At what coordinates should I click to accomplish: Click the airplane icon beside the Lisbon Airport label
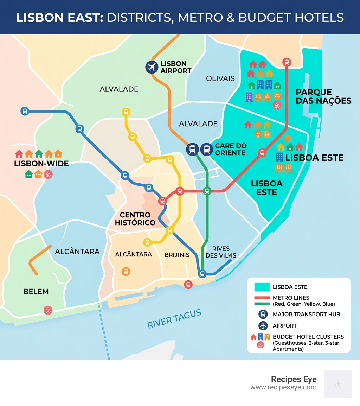[152, 67]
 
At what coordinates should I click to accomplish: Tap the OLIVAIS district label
[220, 78]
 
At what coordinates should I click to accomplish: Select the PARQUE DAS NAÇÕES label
[323, 96]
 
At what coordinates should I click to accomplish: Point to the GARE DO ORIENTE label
[230, 149]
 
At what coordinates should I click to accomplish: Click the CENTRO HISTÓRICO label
[135, 218]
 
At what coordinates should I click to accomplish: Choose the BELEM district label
[36, 292]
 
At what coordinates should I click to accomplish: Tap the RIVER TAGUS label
[174, 319]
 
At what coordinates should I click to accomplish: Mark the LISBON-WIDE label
[41, 164]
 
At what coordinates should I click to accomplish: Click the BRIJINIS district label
[177, 255]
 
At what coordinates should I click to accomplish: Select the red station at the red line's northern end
[287, 62]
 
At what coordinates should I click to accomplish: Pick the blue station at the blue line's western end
[25, 111]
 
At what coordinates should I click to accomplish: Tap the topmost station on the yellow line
[126, 112]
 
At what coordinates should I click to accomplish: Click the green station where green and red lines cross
[207, 191]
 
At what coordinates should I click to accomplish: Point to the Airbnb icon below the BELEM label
[48, 310]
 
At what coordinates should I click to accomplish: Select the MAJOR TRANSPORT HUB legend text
[306, 314]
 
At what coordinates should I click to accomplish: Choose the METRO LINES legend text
[291, 298]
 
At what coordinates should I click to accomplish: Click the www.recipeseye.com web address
[283, 387]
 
